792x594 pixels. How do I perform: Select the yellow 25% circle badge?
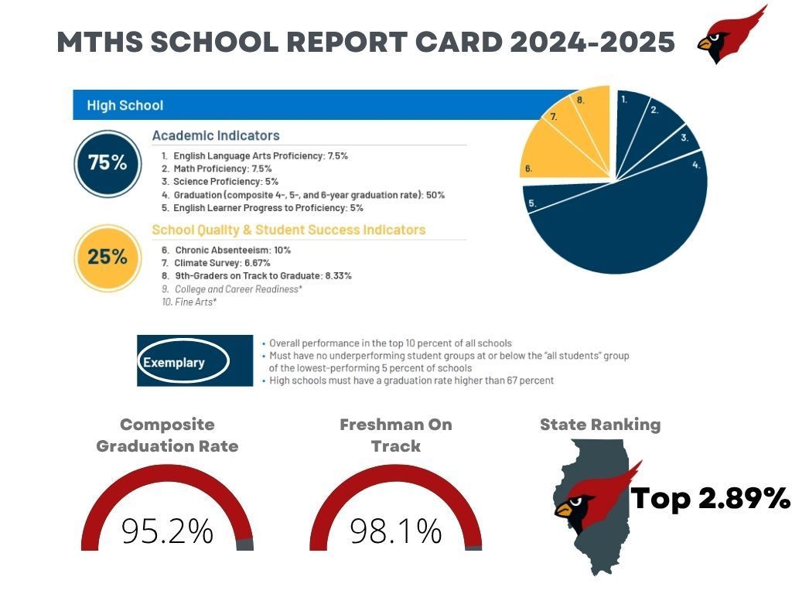click(107, 257)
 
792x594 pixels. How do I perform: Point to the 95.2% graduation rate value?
click(167, 531)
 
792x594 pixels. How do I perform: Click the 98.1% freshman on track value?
click(395, 531)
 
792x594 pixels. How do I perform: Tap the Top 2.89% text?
click(710, 499)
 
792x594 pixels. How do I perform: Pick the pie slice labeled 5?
click(541, 198)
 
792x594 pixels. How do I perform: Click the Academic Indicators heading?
click(216, 135)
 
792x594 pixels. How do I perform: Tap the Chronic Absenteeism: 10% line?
click(226, 250)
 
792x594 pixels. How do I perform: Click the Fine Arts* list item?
click(189, 302)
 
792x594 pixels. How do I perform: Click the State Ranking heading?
click(599, 425)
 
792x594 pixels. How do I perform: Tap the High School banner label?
click(125, 105)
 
